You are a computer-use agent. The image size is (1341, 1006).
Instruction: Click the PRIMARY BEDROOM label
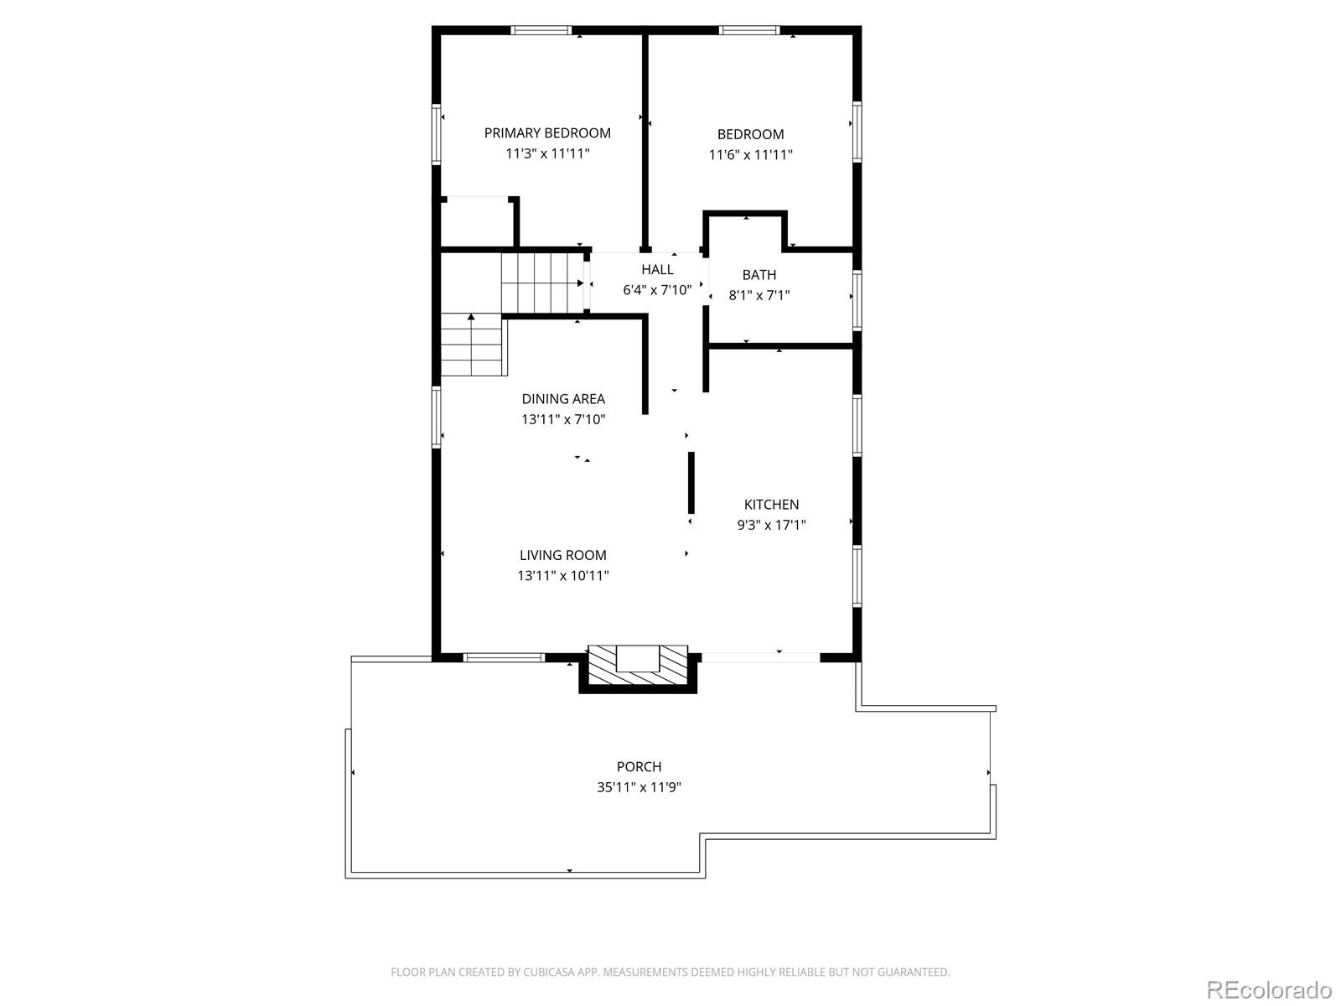(x=547, y=133)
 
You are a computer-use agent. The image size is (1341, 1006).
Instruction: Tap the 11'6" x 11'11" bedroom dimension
(x=750, y=154)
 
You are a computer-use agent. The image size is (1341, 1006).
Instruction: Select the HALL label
(x=657, y=269)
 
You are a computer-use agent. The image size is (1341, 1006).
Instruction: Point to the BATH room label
(x=759, y=275)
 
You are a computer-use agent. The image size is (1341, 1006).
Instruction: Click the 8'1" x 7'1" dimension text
(x=759, y=296)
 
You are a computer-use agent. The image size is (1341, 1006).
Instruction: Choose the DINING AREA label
(x=563, y=399)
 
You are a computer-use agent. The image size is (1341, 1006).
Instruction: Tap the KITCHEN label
(x=771, y=505)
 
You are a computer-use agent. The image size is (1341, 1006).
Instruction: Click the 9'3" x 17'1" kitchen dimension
(x=772, y=525)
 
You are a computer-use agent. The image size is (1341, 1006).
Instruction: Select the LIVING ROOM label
(x=562, y=555)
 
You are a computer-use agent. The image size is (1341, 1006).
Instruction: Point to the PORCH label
(x=639, y=766)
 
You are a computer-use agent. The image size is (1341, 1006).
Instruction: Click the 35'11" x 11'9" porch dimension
(x=639, y=787)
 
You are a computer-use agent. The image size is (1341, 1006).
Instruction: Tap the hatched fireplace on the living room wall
(x=639, y=668)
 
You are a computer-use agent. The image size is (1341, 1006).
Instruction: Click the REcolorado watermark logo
(x=1269, y=989)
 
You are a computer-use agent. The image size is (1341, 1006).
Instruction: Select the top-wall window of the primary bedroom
(x=541, y=30)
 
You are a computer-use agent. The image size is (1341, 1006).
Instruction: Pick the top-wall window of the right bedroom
(x=749, y=30)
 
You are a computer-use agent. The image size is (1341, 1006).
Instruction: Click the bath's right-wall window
(x=857, y=300)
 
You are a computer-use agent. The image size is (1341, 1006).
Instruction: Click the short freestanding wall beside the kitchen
(x=691, y=483)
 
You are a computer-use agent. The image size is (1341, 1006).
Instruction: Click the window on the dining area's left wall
(x=436, y=417)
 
